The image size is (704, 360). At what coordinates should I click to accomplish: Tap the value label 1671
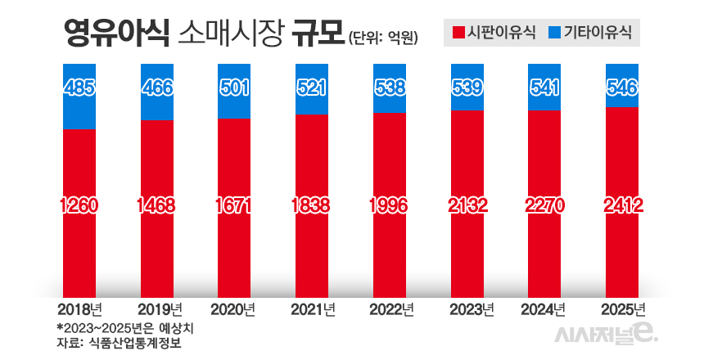tap(234, 205)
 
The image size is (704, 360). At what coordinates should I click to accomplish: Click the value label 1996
tap(390, 205)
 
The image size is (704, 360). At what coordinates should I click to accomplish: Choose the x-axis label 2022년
tap(390, 310)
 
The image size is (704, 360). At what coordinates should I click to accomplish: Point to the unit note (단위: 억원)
tap(383, 37)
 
